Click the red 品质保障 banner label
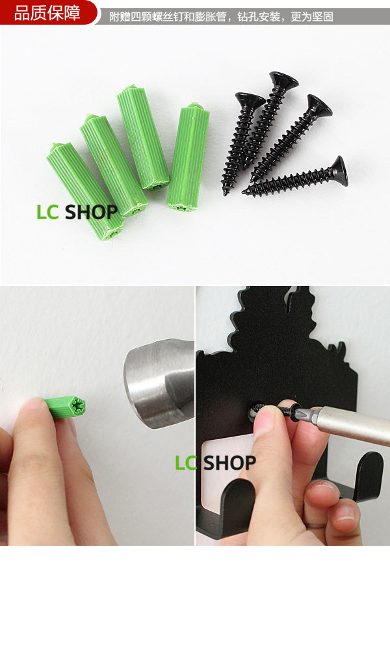(x=47, y=12)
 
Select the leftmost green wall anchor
(x=85, y=190)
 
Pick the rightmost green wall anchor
(x=188, y=157)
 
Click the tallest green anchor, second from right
(x=143, y=138)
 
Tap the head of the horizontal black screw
(x=339, y=171)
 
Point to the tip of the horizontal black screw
(x=243, y=192)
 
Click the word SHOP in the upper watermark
(x=92, y=212)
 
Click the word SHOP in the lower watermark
(x=230, y=463)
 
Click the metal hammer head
(x=159, y=383)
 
